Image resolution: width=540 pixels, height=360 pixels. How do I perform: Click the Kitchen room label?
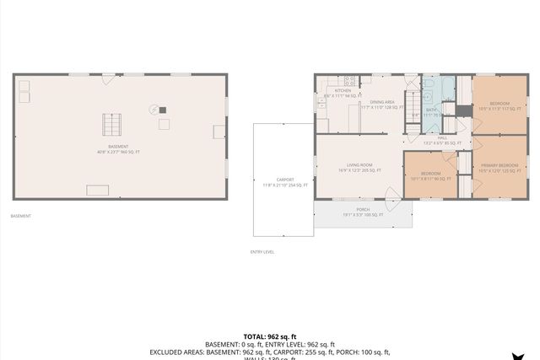point(343,90)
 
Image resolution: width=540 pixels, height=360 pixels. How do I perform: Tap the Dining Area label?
point(377,102)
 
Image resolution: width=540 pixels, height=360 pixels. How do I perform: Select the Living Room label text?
point(359,165)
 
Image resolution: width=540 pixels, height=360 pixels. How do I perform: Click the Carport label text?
point(285,179)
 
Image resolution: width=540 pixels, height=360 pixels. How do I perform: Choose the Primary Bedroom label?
point(499,165)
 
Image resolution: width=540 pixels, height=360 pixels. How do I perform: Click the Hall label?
point(441,138)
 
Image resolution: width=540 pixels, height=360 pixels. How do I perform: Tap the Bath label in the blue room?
point(431,110)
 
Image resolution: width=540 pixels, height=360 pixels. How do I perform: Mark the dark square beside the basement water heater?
point(163,110)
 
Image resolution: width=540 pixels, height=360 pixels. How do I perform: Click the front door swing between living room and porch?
point(392,199)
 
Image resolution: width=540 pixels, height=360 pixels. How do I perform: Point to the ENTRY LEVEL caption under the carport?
point(262,251)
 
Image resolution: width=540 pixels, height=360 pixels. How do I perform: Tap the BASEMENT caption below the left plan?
point(21,216)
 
